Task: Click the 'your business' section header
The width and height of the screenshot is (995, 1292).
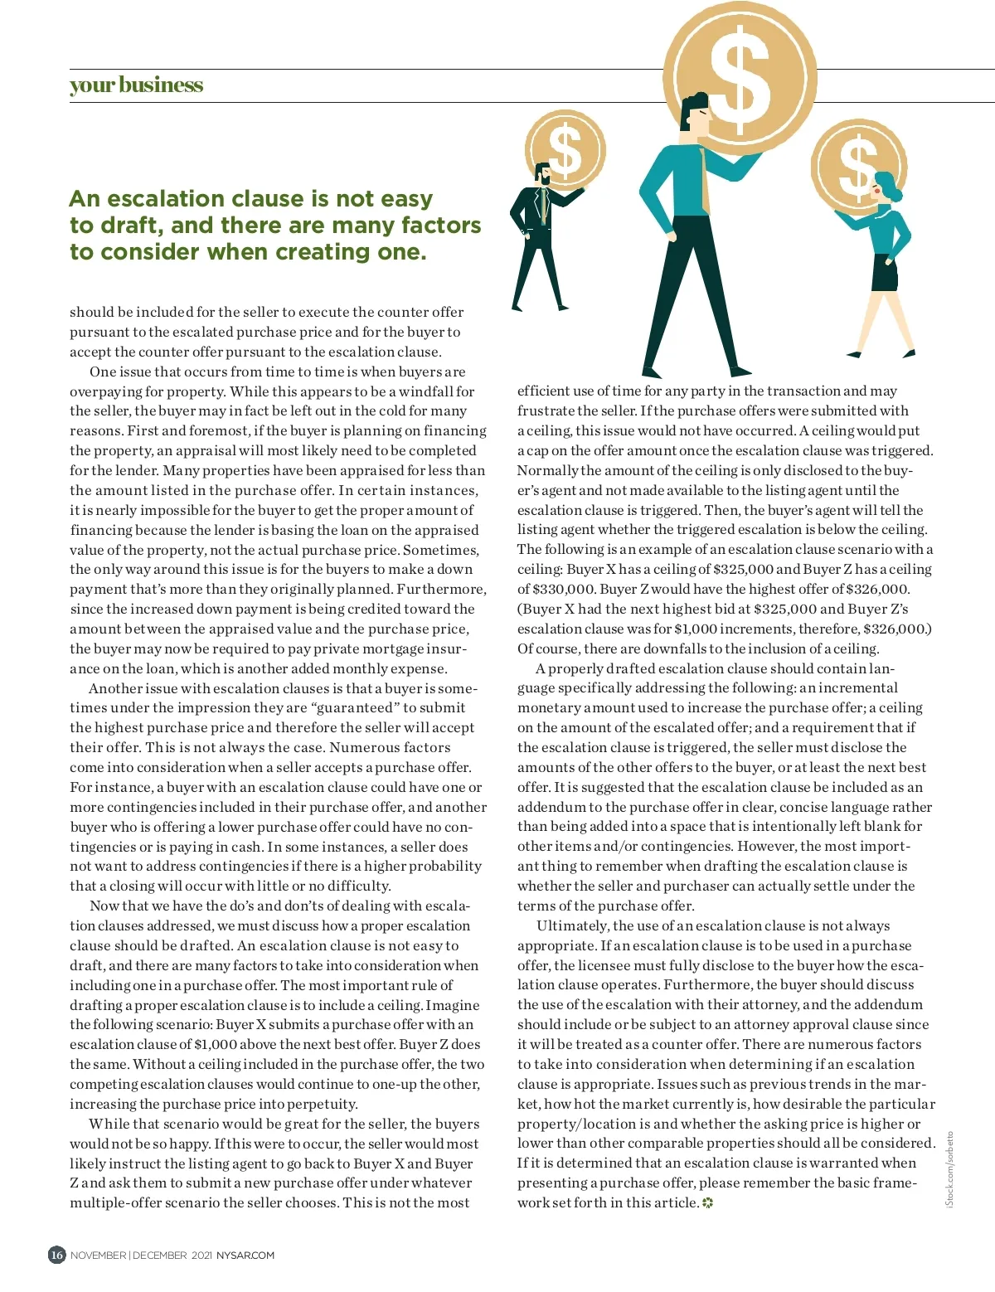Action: point(136,85)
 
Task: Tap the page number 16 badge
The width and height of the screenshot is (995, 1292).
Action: point(56,1255)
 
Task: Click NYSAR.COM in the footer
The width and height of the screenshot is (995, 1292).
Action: point(245,1256)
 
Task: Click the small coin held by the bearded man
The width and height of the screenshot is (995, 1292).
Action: point(565,150)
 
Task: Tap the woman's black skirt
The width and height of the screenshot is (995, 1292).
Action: point(883,273)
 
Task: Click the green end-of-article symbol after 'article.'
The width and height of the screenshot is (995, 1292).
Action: point(707,1203)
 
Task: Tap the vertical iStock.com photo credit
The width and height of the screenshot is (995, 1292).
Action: point(950,1169)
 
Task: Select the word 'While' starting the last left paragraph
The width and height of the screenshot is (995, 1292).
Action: point(109,1124)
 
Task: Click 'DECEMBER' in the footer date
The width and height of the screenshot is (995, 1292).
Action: point(158,1256)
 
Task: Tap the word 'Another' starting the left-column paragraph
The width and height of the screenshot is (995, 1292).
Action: point(117,688)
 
